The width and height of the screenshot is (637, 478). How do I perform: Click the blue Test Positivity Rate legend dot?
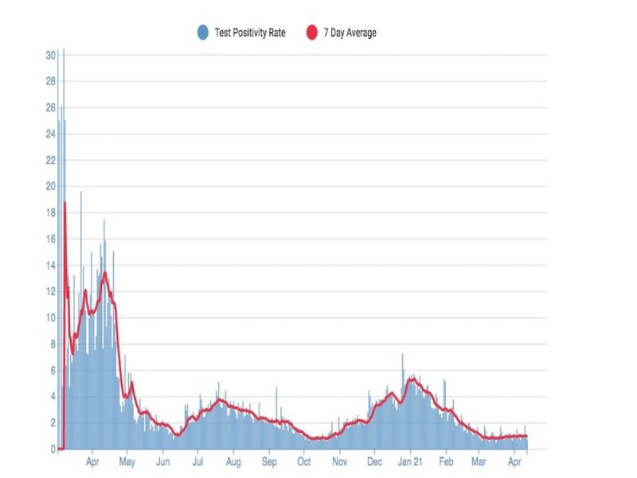pos(203,33)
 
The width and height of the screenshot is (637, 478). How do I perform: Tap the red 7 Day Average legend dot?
pos(313,33)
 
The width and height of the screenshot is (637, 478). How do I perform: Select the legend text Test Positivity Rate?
pos(250,33)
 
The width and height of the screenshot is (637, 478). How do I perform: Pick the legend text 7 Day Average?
pos(350,33)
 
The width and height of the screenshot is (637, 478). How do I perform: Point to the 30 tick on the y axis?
pos(50,55)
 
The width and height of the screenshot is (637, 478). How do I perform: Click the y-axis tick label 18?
pos(50,213)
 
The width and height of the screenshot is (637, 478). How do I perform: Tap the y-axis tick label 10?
pos(50,318)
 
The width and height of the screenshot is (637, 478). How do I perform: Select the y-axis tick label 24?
pos(50,134)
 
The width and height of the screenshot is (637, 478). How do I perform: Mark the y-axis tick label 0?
pos(53,449)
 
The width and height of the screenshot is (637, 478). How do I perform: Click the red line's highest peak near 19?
pos(64,203)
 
